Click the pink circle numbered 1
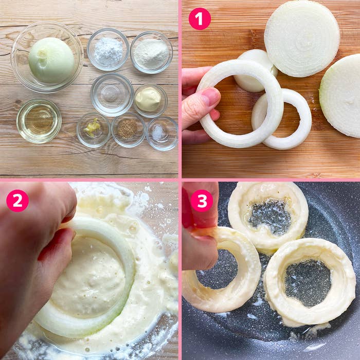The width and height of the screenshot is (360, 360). click(200, 19)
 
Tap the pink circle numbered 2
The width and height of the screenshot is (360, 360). click(17, 201)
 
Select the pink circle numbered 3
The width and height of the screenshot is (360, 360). click(202, 201)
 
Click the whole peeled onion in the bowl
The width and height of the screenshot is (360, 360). click(51, 60)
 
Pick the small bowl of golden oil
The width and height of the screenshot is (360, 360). click(39, 121)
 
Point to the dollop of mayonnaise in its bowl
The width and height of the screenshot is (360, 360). click(148, 99)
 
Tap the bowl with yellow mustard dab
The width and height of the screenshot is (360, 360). click(94, 130)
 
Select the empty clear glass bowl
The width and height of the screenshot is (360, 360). click(112, 95)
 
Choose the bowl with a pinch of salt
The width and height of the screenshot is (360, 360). click(162, 133)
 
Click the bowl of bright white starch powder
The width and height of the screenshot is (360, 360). click(108, 49)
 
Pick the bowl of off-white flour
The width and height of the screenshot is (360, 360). click(152, 52)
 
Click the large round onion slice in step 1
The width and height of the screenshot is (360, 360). click(302, 39)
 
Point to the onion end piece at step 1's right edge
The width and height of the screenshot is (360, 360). click(340, 96)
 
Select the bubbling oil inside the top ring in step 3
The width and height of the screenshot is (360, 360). click(269, 214)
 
